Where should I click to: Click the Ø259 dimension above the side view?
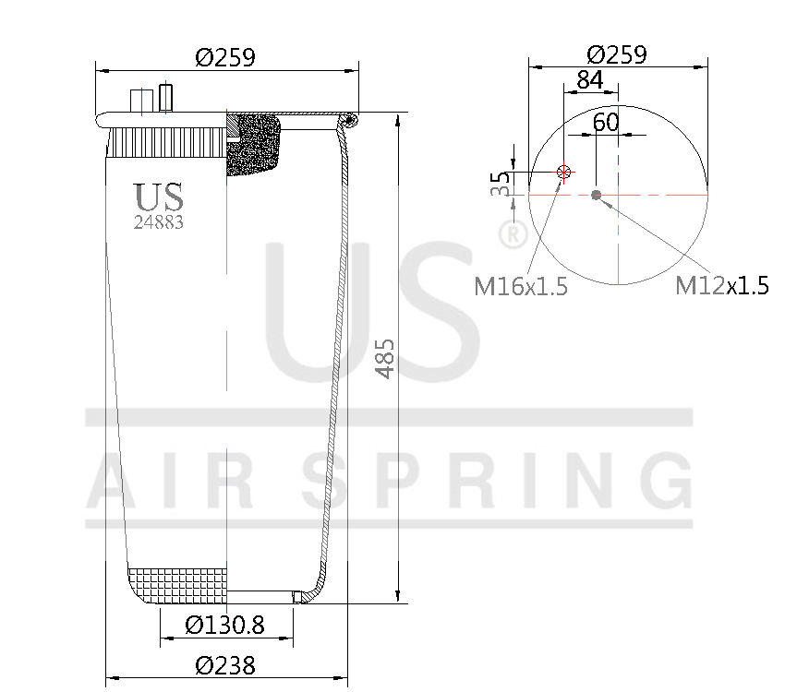(225, 57)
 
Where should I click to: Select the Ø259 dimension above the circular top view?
(617, 54)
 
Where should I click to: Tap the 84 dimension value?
(590, 80)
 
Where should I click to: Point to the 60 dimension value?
(605, 122)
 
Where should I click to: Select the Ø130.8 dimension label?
(225, 625)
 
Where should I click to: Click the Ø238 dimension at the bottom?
(225, 664)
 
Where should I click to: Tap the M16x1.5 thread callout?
(520, 287)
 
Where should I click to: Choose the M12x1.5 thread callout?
(721, 286)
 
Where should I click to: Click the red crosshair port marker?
(563, 173)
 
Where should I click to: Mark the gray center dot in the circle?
(597, 195)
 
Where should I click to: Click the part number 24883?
(158, 222)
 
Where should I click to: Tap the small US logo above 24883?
(159, 197)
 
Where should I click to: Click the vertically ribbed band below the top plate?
(166, 143)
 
